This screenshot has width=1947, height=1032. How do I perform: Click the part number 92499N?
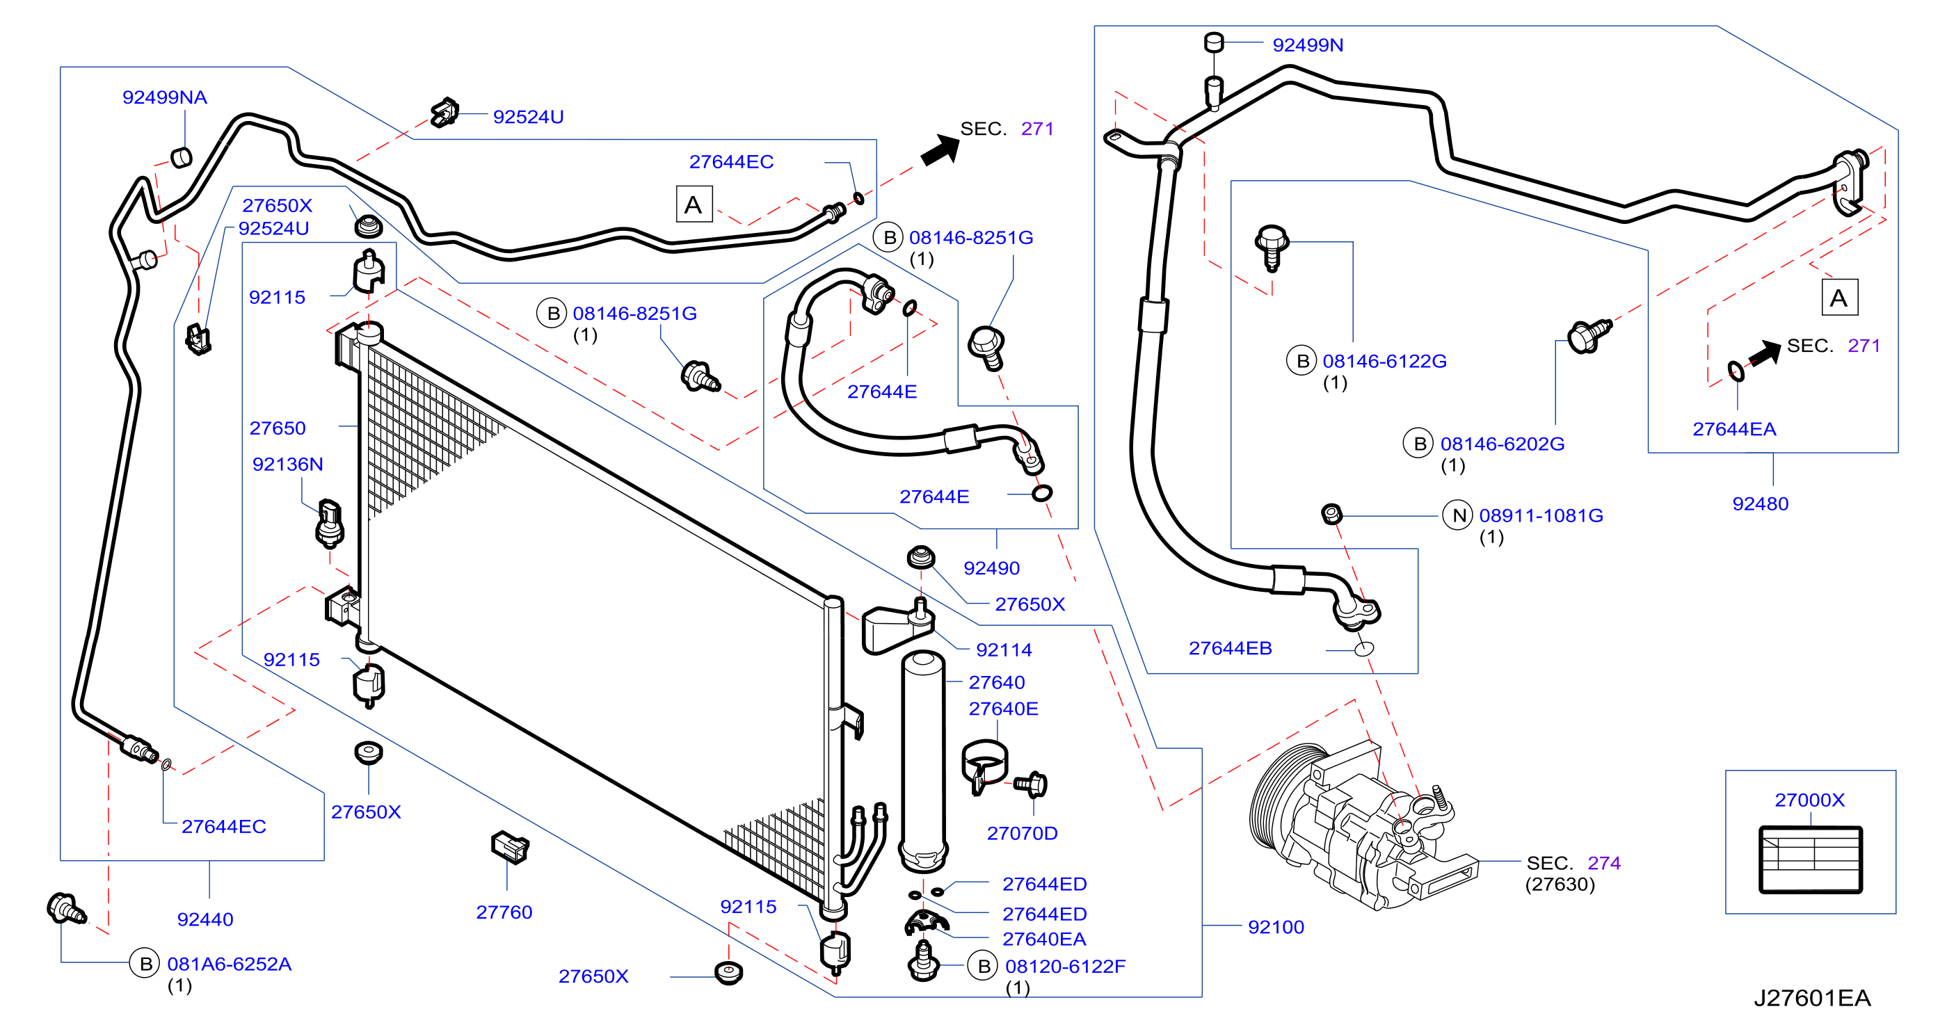point(1308,45)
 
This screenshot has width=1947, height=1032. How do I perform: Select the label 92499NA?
point(165,97)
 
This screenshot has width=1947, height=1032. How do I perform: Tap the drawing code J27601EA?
point(1812,999)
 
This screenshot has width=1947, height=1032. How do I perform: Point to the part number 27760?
point(504,912)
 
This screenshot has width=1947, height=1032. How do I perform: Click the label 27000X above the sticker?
point(1809,800)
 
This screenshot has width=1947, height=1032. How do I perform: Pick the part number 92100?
point(1276,928)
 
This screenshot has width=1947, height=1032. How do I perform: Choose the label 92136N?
point(288,465)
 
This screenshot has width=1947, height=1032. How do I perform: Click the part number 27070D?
point(1022,834)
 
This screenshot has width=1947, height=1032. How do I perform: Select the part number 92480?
point(1761,505)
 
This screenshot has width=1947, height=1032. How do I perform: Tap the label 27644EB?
point(1231,649)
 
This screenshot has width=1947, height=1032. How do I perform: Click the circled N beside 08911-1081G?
point(1458,516)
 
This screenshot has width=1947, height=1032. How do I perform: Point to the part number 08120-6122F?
point(1065,967)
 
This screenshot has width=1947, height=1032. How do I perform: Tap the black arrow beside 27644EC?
point(940,149)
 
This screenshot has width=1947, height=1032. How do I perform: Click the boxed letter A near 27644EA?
point(1839,298)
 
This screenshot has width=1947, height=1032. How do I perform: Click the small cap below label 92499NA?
point(182,157)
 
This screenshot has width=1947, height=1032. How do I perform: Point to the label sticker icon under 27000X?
point(1810,860)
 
